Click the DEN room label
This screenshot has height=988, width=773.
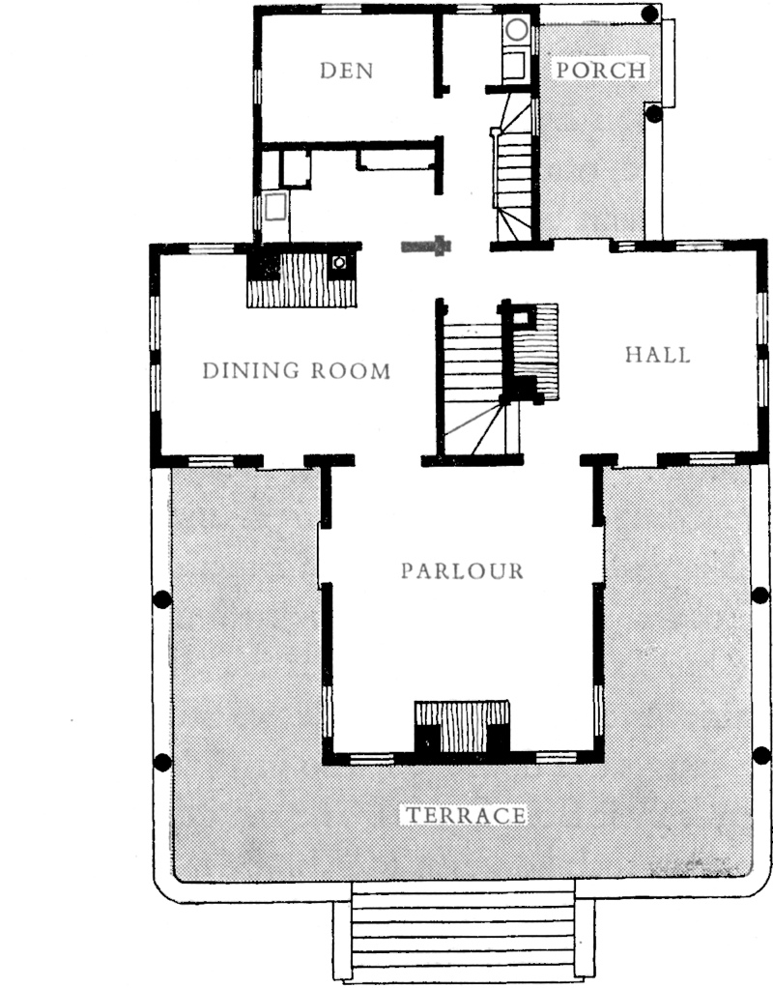(347, 70)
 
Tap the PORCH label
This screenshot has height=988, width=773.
(600, 70)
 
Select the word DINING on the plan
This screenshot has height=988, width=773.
(250, 370)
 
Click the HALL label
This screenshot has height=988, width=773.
(658, 355)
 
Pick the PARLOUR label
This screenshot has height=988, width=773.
(463, 571)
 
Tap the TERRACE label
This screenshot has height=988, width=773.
(466, 815)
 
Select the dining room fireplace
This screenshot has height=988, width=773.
(301, 276)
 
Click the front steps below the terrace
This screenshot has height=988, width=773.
(463, 930)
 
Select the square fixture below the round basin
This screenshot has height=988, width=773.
(514, 66)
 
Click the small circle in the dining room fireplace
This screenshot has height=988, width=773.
(340, 261)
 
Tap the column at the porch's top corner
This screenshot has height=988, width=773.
(650, 14)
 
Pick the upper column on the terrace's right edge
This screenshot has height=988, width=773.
(761, 595)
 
